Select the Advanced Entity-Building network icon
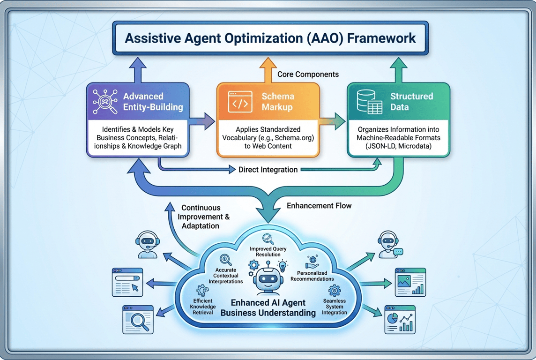pyautogui.click(x=104, y=102)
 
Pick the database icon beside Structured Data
pyautogui.click(x=369, y=102)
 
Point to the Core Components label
pyautogui.click(x=308, y=75)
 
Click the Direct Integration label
pyautogui.click(x=268, y=170)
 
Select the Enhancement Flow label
pyautogui.click(x=319, y=205)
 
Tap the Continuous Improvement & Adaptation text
pyautogui.click(x=205, y=217)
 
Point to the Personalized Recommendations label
pyautogui.click(x=312, y=276)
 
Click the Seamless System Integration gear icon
pyautogui.click(x=335, y=290)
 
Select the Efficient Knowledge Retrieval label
pyautogui.click(x=203, y=307)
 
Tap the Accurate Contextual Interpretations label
pyautogui.click(x=226, y=276)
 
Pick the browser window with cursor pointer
pyautogui.click(x=127, y=282)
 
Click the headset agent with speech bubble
pyautogui.click(x=389, y=244)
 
